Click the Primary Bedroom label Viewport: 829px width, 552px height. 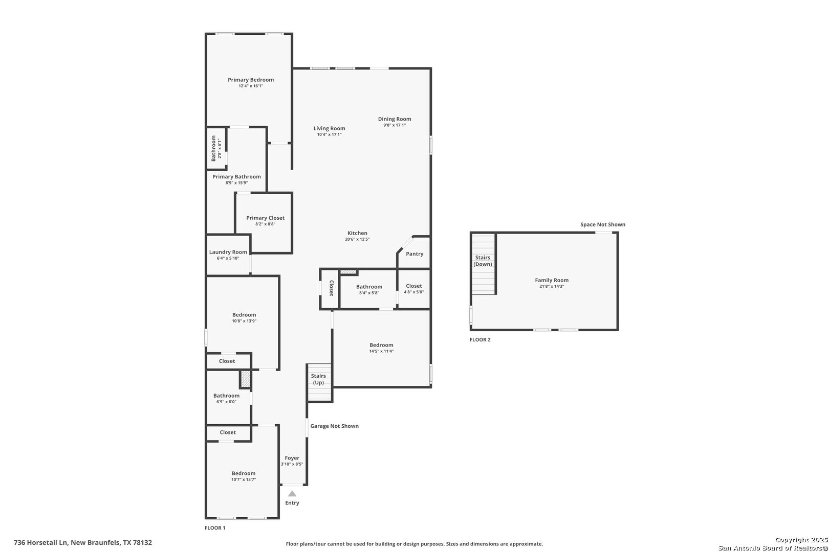coord(251,80)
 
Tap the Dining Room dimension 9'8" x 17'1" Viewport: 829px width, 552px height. coord(395,125)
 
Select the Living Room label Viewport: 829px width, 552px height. coord(329,128)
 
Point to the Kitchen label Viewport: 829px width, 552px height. coord(357,233)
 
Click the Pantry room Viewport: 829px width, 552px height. coord(414,253)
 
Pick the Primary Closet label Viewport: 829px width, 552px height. coord(266,218)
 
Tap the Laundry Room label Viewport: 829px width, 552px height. coord(228,252)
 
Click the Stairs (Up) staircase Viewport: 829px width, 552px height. coord(319,383)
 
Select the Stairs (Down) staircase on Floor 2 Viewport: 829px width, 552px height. coord(483,264)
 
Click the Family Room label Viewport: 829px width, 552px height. coord(552,280)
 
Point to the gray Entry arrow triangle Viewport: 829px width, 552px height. coord(292,494)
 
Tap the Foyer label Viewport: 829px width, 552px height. coord(292,458)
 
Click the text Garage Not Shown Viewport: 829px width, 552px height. coord(334,426)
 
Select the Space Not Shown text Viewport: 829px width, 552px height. coord(602,224)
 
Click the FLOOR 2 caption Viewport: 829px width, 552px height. coord(480,340)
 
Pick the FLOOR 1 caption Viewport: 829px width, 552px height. coord(215,528)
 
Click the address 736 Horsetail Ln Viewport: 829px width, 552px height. coord(41,543)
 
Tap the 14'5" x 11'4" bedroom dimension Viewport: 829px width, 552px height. coord(381,351)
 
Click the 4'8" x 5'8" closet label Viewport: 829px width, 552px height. coord(414,292)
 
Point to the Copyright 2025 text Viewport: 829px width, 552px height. coord(801,540)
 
